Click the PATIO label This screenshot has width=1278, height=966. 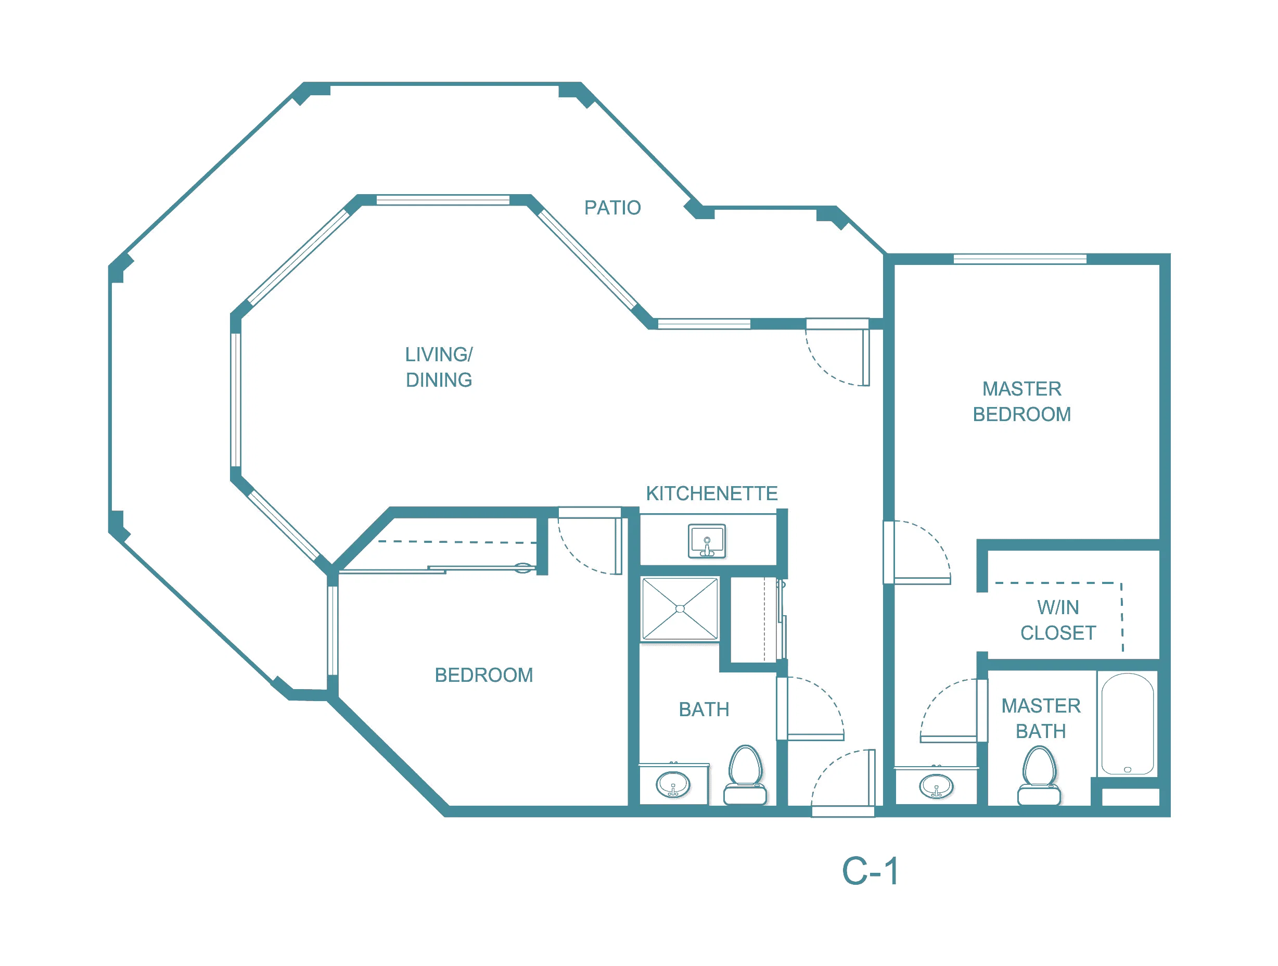612,208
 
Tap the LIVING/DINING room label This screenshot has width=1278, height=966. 439,367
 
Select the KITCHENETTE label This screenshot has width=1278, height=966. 712,494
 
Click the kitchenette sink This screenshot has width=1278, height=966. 707,541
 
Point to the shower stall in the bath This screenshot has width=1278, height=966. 680,609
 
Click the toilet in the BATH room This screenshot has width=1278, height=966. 745,776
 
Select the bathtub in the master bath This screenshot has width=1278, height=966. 1127,724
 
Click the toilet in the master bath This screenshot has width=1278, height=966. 1039,776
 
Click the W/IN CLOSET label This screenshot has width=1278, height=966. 1058,620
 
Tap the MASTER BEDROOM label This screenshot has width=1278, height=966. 1021,401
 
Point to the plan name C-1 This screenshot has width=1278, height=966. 870,872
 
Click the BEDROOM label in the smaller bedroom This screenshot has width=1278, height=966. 483,676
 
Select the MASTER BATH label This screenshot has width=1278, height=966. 1041,719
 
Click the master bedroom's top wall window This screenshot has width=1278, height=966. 1020,259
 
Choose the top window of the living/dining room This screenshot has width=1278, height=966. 442,200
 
